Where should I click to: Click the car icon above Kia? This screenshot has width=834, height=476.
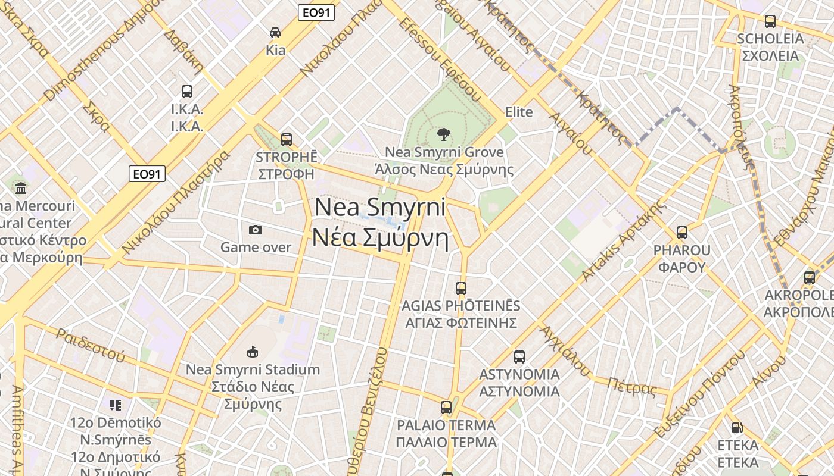pyautogui.click(x=275, y=33)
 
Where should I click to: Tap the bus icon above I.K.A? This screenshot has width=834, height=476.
pyautogui.click(x=187, y=92)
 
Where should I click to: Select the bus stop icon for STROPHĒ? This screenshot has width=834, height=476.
pyautogui.click(x=287, y=140)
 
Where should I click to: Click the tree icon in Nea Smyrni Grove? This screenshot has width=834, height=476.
pyautogui.click(x=443, y=134)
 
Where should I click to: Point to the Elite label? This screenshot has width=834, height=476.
pyautogui.click(x=519, y=112)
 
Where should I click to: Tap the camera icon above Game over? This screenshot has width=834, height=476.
pyautogui.click(x=256, y=230)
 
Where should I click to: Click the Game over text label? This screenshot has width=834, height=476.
pyautogui.click(x=256, y=247)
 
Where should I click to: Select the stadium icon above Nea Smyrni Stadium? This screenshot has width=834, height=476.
pyautogui.click(x=253, y=352)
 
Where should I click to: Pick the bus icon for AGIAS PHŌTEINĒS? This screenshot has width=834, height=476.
pyautogui.click(x=460, y=289)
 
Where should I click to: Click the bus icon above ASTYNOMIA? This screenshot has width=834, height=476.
pyautogui.click(x=519, y=357)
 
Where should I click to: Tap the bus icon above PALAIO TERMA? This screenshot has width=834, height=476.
pyautogui.click(x=446, y=408)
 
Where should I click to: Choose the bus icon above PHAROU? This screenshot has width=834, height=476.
pyautogui.click(x=682, y=233)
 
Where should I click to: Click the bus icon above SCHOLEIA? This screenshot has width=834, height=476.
pyautogui.click(x=770, y=21)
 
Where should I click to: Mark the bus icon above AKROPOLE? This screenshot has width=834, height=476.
pyautogui.click(x=809, y=278)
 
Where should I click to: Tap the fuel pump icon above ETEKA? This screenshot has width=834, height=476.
pyautogui.click(x=737, y=428)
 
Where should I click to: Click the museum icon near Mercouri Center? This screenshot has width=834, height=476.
pyautogui.click(x=21, y=188)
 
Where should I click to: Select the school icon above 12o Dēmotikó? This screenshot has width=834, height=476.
pyautogui.click(x=116, y=405)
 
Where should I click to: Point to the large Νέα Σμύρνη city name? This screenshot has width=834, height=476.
pyautogui.click(x=381, y=238)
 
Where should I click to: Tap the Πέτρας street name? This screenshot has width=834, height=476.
pyautogui.click(x=631, y=387)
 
